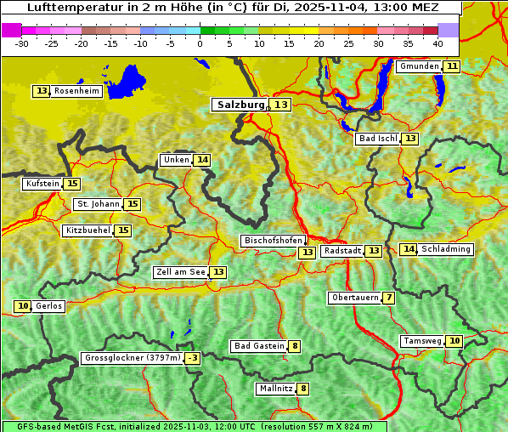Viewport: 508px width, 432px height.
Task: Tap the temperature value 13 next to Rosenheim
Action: [42, 91]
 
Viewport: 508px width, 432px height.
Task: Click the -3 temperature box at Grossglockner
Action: [193, 359]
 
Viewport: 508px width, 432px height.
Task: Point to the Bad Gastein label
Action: [259, 346]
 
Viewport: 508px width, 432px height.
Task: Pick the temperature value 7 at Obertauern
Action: [388, 298]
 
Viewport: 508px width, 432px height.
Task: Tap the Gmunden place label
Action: [419, 66]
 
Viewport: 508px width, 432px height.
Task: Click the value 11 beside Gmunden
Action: [452, 66]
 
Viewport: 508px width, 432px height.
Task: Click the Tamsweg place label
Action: [422, 341]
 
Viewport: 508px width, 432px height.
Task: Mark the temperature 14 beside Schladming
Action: [409, 249]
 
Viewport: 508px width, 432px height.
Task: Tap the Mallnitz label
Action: [275, 389]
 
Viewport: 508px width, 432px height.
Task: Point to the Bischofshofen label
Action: [273, 242]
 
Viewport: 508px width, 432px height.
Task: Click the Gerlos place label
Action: [49, 306]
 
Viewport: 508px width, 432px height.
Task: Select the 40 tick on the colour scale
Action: [437, 43]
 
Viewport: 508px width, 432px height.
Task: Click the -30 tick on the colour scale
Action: [22, 43]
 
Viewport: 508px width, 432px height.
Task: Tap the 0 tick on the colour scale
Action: [200, 43]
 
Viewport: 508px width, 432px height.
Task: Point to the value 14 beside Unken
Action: [201, 160]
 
